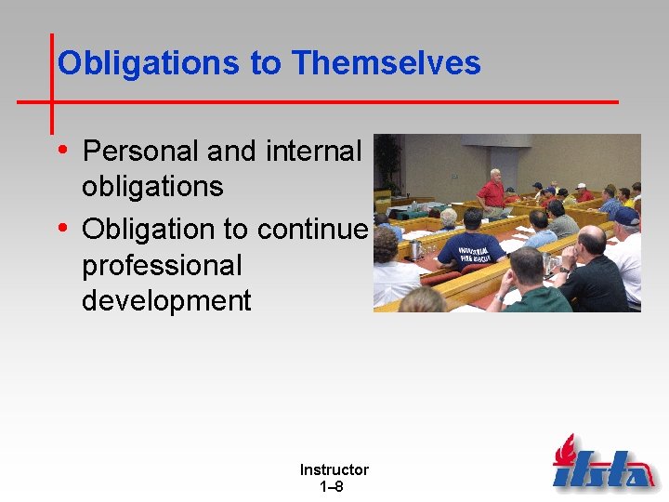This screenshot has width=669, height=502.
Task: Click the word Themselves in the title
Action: pyautogui.click(x=386, y=63)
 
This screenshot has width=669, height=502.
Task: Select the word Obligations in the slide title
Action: pyautogui.click(x=150, y=63)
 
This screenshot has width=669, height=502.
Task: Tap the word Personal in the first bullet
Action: pyautogui.click(x=140, y=150)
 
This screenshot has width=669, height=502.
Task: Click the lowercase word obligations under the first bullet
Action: pyautogui.click(x=152, y=186)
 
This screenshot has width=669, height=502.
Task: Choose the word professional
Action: pyautogui.click(x=162, y=265)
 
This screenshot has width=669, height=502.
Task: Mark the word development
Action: pyautogui.click(x=166, y=301)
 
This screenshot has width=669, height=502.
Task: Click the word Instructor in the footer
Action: pyautogui.click(x=334, y=470)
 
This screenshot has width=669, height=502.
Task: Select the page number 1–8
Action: pyautogui.click(x=332, y=486)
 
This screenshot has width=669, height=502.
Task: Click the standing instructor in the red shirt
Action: pyautogui.click(x=492, y=192)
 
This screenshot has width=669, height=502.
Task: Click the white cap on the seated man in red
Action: pyautogui.click(x=582, y=186)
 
